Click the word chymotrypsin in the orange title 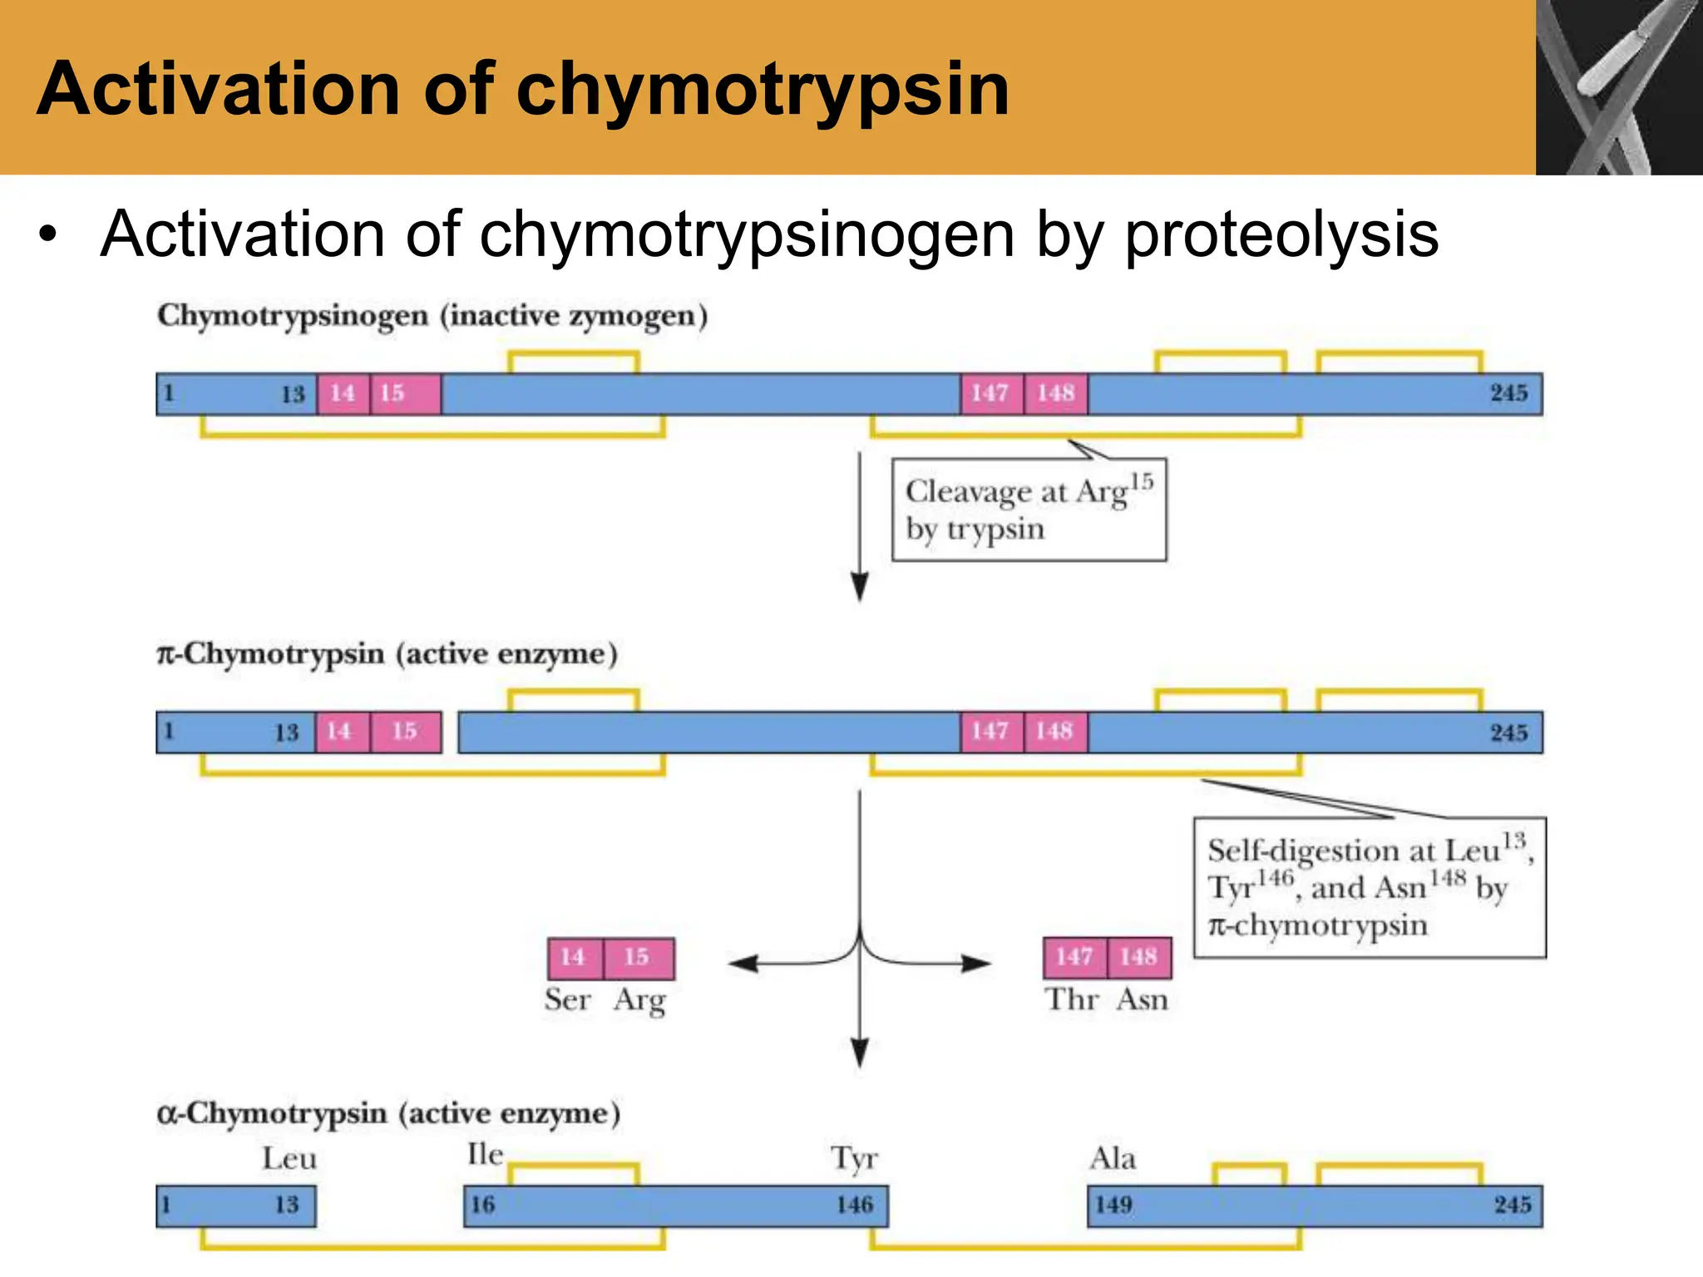762,90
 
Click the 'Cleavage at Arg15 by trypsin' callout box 1029,510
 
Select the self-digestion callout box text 1369,888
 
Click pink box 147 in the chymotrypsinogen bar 990,393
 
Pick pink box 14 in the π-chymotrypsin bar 339,732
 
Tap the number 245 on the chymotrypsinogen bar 1508,393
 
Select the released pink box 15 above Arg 638,958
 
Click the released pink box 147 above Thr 1074,958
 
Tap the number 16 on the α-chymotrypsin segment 483,1206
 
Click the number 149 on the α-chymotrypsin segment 1113,1206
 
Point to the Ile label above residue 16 486,1155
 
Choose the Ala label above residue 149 1113,1159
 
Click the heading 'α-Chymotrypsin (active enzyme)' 388,1114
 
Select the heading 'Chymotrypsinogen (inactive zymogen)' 432,317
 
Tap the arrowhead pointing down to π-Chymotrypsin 860,586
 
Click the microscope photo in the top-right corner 1618,87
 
